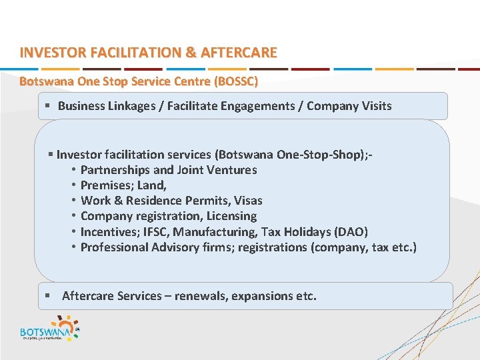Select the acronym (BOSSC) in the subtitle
(234, 82)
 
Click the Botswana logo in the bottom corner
(50, 329)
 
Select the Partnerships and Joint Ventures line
(168, 170)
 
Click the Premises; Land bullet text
(123, 185)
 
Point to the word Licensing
(231, 216)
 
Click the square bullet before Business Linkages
(47, 106)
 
